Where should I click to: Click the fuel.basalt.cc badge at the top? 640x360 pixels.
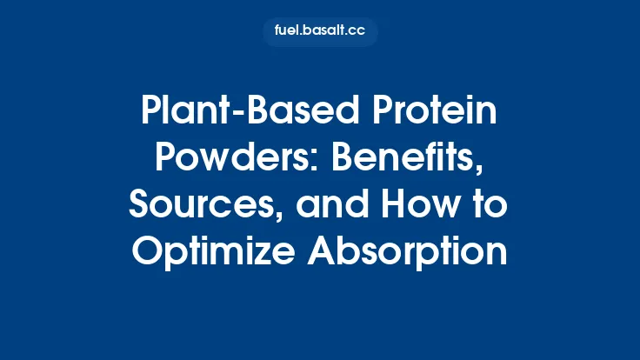click(320, 31)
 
